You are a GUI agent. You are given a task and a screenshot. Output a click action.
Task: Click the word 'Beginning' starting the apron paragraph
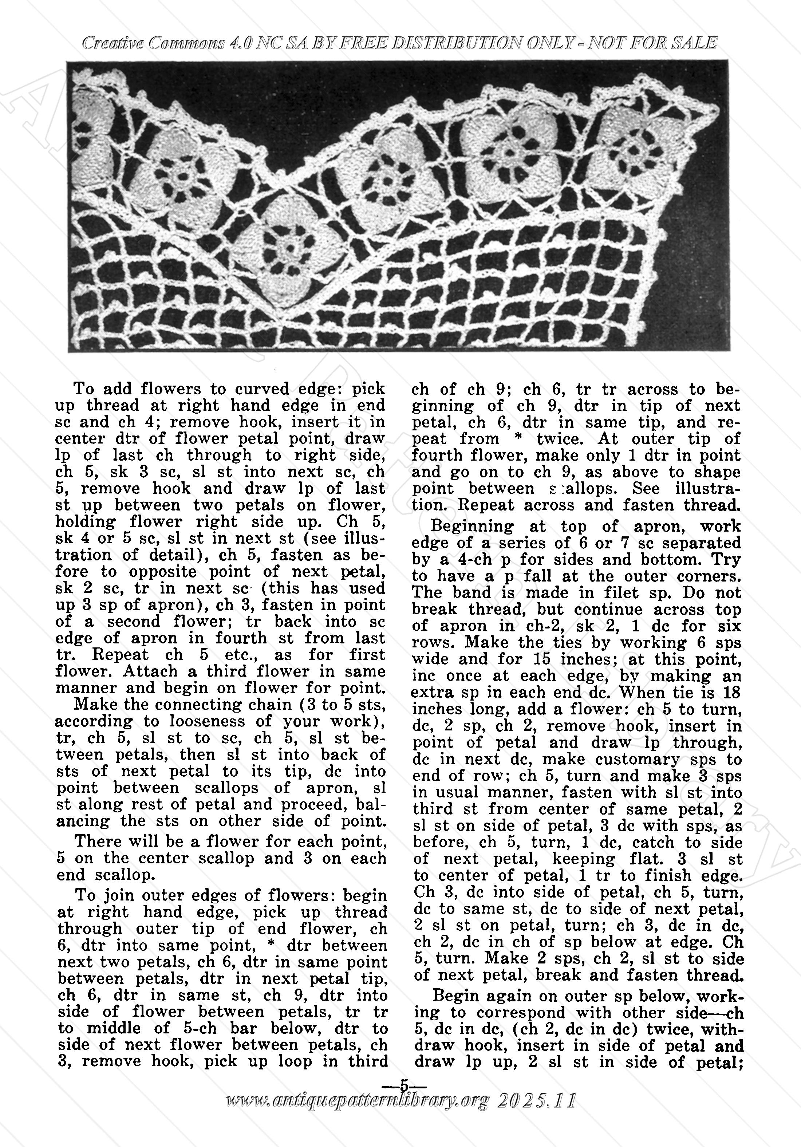click(465, 526)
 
